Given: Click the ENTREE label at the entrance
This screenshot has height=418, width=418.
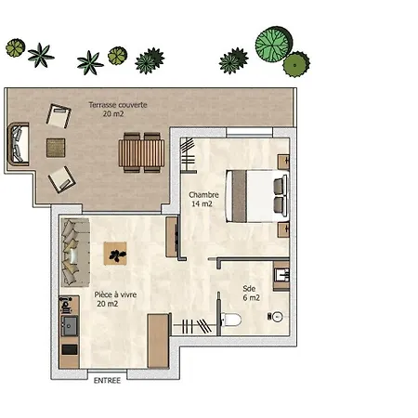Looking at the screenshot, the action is [x=107, y=380].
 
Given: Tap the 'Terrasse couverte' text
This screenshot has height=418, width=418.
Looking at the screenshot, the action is [x=118, y=105].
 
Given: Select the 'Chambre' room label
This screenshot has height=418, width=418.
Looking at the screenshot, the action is [x=203, y=195].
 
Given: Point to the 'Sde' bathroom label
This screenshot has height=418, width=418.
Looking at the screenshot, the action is [x=249, y=289].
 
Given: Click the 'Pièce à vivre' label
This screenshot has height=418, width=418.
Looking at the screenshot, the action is [x=115, y=294].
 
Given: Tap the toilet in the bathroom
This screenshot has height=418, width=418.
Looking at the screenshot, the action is [x=230, y=320].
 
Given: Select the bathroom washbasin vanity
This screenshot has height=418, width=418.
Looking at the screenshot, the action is [x=281, y=276].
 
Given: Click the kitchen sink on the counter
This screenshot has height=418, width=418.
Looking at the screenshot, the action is [x=70, y=326].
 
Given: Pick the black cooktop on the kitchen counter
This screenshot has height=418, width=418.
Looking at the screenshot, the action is [x=70, y=349].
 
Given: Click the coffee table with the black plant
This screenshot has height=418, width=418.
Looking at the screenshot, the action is [x=115, y=254].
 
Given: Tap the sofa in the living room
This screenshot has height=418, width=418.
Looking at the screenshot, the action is [x=75, y=253].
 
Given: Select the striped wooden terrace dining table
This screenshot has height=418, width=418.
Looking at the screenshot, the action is [x=141, y=153].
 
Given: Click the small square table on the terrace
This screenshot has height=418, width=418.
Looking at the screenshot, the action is [x=56, y=148].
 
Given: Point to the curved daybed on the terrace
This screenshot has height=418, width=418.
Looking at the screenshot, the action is [x=19, y=144].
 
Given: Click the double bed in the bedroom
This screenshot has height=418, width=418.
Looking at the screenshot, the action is [x=257, y=196].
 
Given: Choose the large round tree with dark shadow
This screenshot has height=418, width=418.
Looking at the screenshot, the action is [x=273, y=44].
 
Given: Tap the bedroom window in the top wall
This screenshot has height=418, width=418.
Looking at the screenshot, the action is [x=249, y=132].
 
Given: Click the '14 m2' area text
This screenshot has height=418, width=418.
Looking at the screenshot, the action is [x=202, y=204].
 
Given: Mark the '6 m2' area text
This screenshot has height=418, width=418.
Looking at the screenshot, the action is [x=251, y=298].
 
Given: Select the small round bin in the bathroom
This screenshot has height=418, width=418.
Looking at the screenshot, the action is [x=277, y=317].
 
